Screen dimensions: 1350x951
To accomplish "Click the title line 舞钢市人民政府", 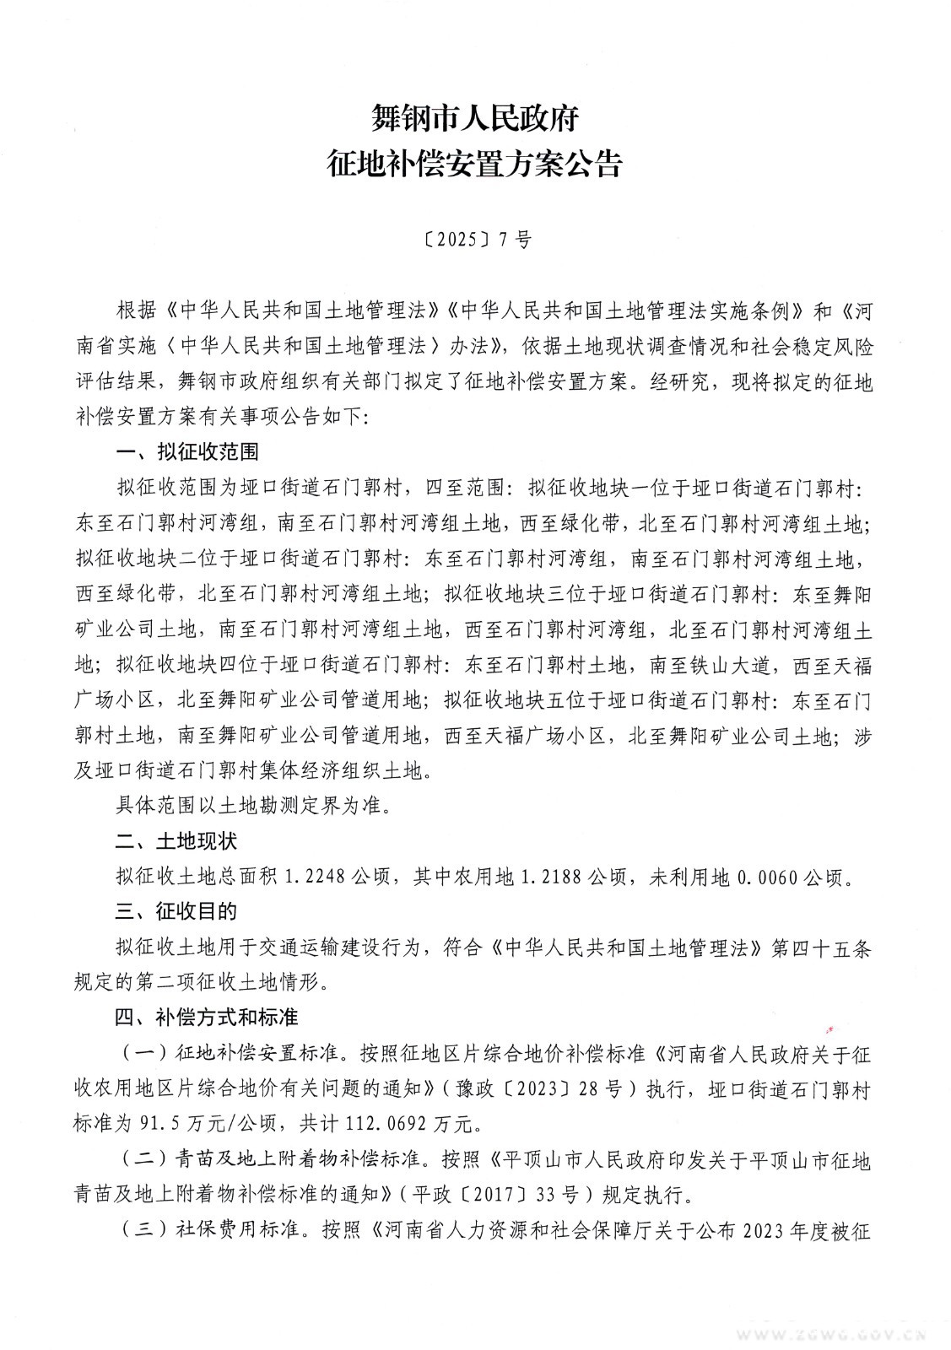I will click(x=474, y=118).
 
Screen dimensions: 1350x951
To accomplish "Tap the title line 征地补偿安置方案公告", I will click(x=474, y=164).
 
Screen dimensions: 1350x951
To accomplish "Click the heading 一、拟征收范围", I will click(x=186, y=451).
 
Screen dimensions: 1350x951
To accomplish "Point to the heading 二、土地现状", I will click(x=176, y=841).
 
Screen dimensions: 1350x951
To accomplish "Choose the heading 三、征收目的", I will click(x=176, y=912).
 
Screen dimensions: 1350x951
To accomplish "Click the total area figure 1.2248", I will click(x=316, y=877).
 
